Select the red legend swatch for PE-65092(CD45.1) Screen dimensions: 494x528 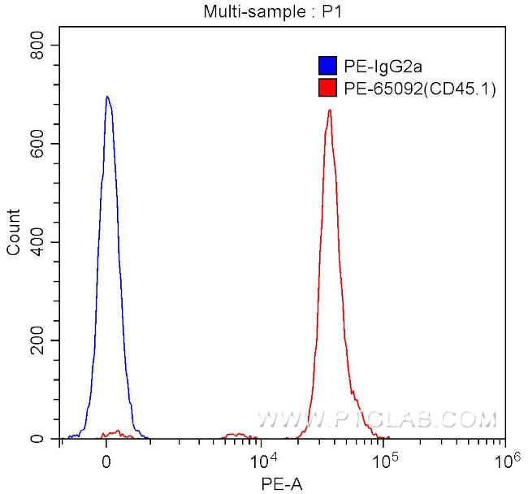click(328, 86)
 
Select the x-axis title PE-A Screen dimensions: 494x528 click(278, 484)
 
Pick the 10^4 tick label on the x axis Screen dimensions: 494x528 click(263, 461)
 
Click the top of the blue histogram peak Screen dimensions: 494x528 click(106, 97)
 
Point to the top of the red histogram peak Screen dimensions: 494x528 click(330, 110)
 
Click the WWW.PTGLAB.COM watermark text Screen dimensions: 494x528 click(376, 420)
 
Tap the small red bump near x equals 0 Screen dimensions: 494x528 click(117, 432)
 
